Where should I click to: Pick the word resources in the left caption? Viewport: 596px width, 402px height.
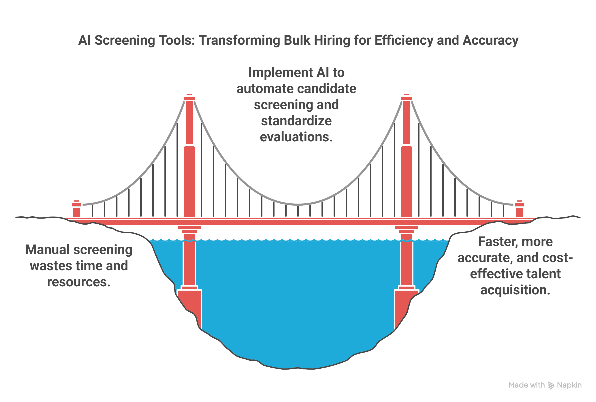coord(79,282)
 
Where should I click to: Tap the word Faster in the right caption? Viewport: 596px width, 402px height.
coord(494,242)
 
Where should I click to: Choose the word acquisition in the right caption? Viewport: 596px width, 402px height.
coord(515,290)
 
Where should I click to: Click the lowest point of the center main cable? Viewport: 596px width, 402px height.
coord(298,205)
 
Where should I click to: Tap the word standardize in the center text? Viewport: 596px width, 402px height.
coord(296,121)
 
